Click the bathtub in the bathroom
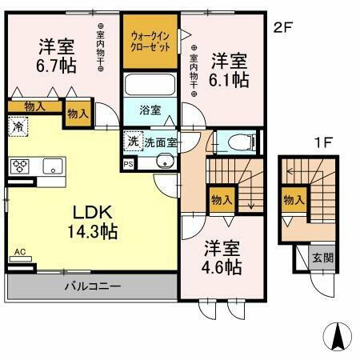(150, 85)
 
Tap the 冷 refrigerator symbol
(18, 126)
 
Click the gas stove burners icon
(20, 166)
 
